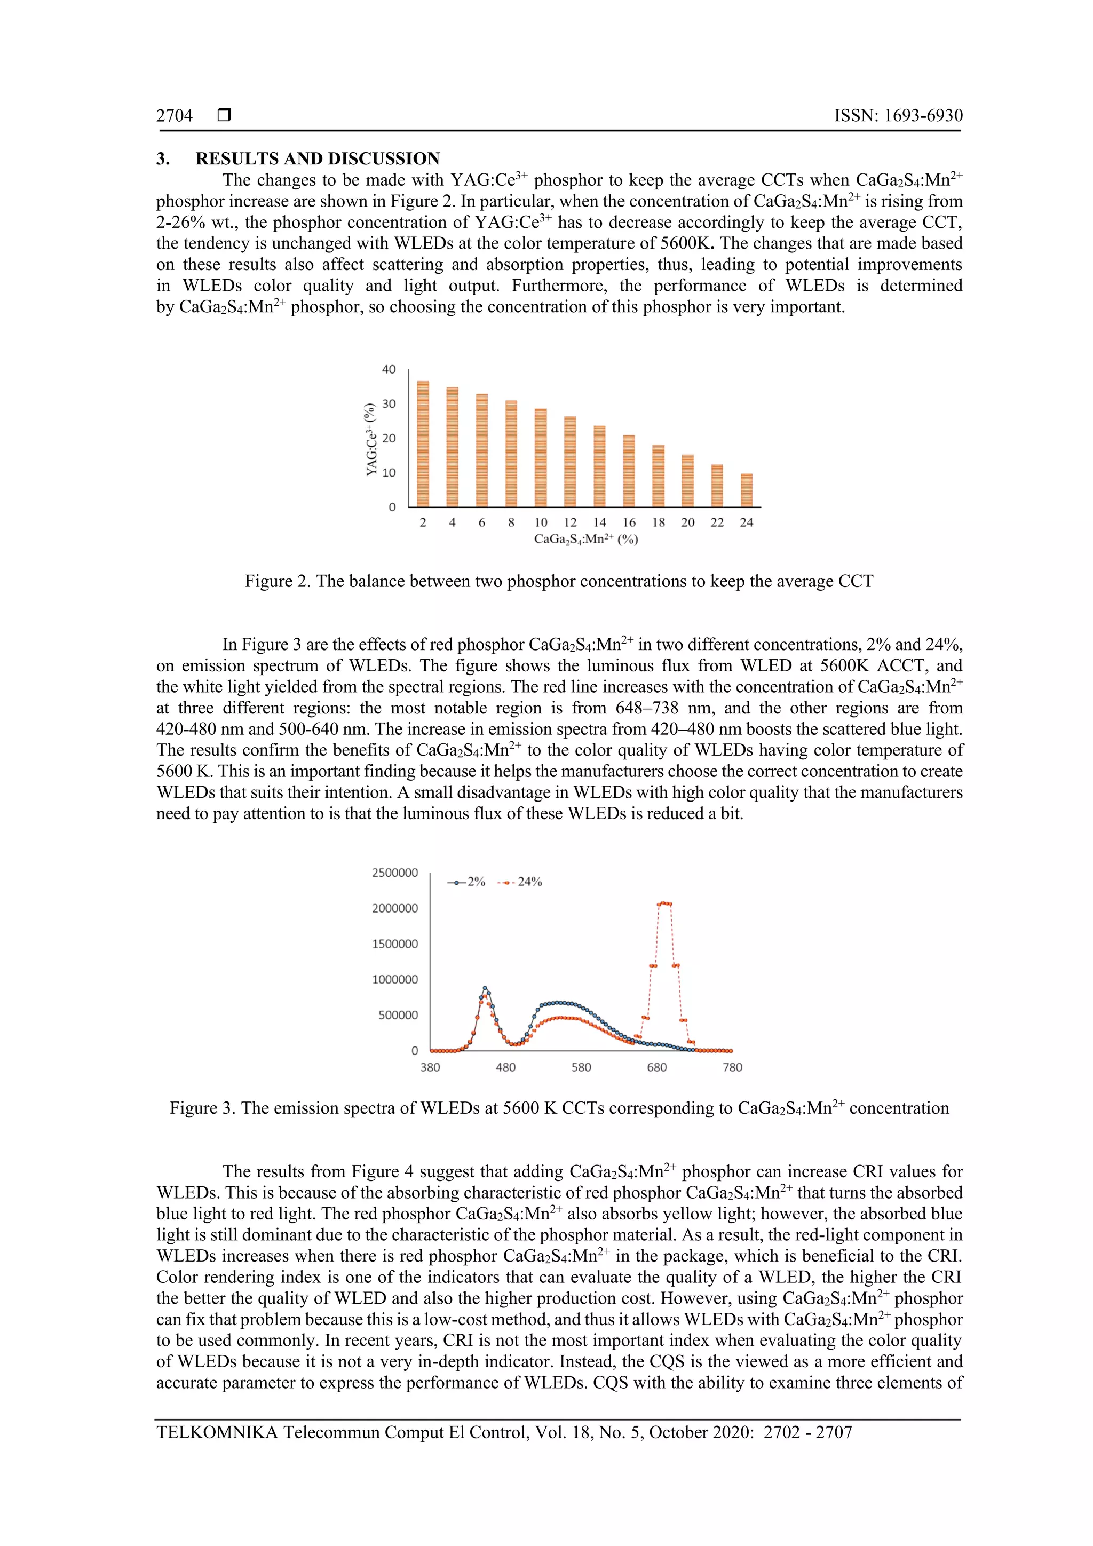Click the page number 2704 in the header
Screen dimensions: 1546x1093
pos(175,116)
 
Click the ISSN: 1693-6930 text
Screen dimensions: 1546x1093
pos(898,116)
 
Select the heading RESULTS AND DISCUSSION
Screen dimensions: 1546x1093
pos(317,159)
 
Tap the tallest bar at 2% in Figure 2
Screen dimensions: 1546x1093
pos(423,445)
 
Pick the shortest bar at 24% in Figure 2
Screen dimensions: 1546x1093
pos(746,490)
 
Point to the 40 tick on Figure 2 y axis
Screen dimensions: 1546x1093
pos(389,370)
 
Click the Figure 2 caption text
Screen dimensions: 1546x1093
pos(559,581)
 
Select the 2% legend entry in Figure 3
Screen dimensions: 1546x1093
pos(466,882)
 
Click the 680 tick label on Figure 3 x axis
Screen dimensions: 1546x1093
pos(656,1067)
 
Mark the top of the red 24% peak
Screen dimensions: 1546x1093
pos(664,903)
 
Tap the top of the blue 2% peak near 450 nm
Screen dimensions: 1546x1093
pos(485,988)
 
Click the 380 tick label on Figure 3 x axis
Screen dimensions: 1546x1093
pos(430,1067)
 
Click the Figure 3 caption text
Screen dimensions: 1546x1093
pos(559,1108)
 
